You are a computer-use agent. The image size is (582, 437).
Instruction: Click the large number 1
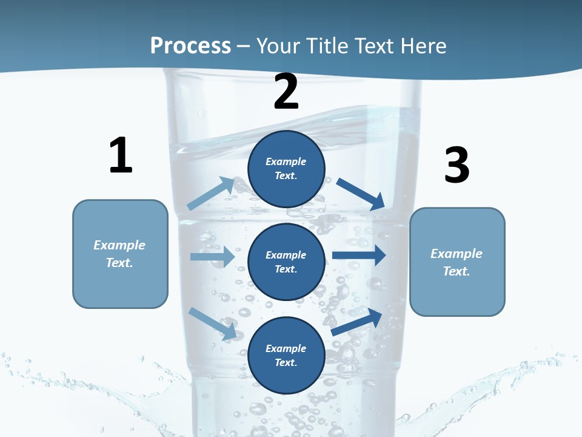click(121, 155)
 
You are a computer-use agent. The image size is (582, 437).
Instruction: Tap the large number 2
click(286, 92)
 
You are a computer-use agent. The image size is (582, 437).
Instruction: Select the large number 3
click(457, 166)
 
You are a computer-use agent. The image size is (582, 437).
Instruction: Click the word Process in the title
click(190, 46)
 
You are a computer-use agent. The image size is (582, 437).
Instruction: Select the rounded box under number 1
click(120, 254)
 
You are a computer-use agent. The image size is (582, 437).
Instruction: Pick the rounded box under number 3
click(457, 262)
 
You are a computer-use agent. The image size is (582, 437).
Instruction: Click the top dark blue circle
click(286, 169)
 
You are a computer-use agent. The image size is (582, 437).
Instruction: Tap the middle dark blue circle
click(286, 262)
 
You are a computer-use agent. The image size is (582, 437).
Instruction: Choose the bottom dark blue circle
click(286, 355)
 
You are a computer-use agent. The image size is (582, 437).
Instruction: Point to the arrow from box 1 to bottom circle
click(212, 323)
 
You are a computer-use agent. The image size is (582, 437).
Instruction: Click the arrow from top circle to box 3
click(361, 193)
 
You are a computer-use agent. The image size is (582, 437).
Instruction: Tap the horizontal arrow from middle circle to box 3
click(359, 256)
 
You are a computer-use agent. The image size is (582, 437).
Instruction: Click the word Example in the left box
click(119, 245)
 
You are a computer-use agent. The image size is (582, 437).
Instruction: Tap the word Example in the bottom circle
click(286, 348)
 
